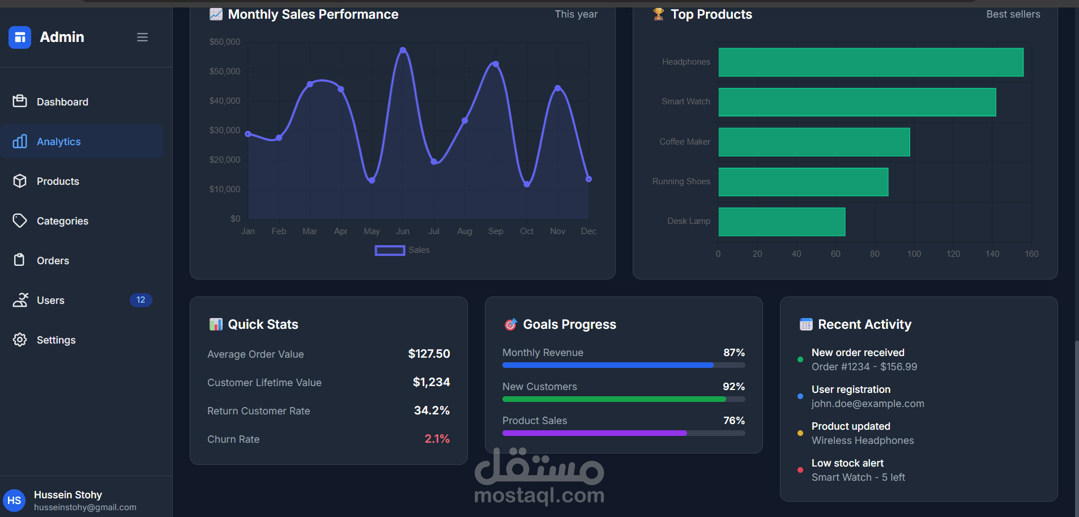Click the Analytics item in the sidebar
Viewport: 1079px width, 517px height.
point(59,142)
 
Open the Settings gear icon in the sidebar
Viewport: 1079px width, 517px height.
point(20,340)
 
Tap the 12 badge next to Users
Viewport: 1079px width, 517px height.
point(140,300)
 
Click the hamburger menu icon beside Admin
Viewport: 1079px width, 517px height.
point(142,37)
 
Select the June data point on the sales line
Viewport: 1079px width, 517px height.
point(403,50)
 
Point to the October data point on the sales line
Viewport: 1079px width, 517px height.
point(527,184)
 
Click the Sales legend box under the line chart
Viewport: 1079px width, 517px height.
point(390,250)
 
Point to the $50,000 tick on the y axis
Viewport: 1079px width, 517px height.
point(225,71)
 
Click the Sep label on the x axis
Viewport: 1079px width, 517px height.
point(496,231)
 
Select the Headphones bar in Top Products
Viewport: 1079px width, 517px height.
point(871,62)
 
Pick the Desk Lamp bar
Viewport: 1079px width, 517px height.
point(782,222)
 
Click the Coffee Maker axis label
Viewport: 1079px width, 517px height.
point(684,142)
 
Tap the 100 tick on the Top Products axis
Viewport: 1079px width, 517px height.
point(914,254)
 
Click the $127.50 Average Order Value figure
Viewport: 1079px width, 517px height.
point(429,354)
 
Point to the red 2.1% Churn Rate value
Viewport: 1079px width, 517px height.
point(437,439)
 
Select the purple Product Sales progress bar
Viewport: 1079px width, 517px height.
point(595,433)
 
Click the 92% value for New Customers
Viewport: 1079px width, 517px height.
point(733,387)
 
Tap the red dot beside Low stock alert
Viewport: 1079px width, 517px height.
point(800,470)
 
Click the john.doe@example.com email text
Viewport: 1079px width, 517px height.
point(868,404)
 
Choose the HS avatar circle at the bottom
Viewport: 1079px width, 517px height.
point(14,501)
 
